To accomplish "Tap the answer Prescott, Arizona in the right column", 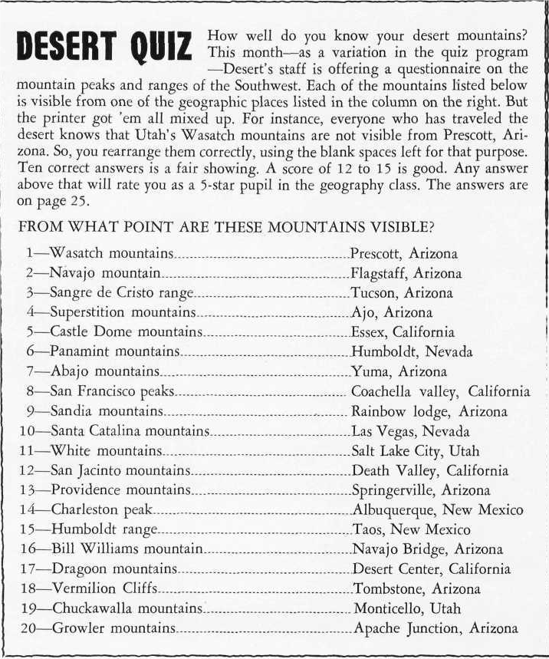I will point(403,253).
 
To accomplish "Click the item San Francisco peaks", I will point(113,391).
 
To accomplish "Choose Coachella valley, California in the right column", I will point(440,391).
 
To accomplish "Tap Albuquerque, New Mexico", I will point(437,509).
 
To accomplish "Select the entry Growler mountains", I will point(113,628).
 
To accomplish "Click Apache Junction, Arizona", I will point(435,628).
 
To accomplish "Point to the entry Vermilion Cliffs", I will point(104,588).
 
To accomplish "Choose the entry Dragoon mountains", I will point(114,568).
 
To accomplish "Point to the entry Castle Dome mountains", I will point(126,332).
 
